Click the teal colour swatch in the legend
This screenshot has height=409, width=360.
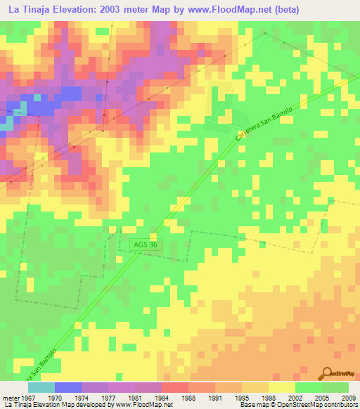point(41,387)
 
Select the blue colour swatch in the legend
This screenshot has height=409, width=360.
point(67,387)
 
